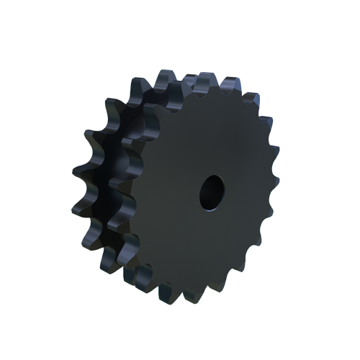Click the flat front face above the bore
click(209, 137)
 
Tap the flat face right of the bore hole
click(245, 192)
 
